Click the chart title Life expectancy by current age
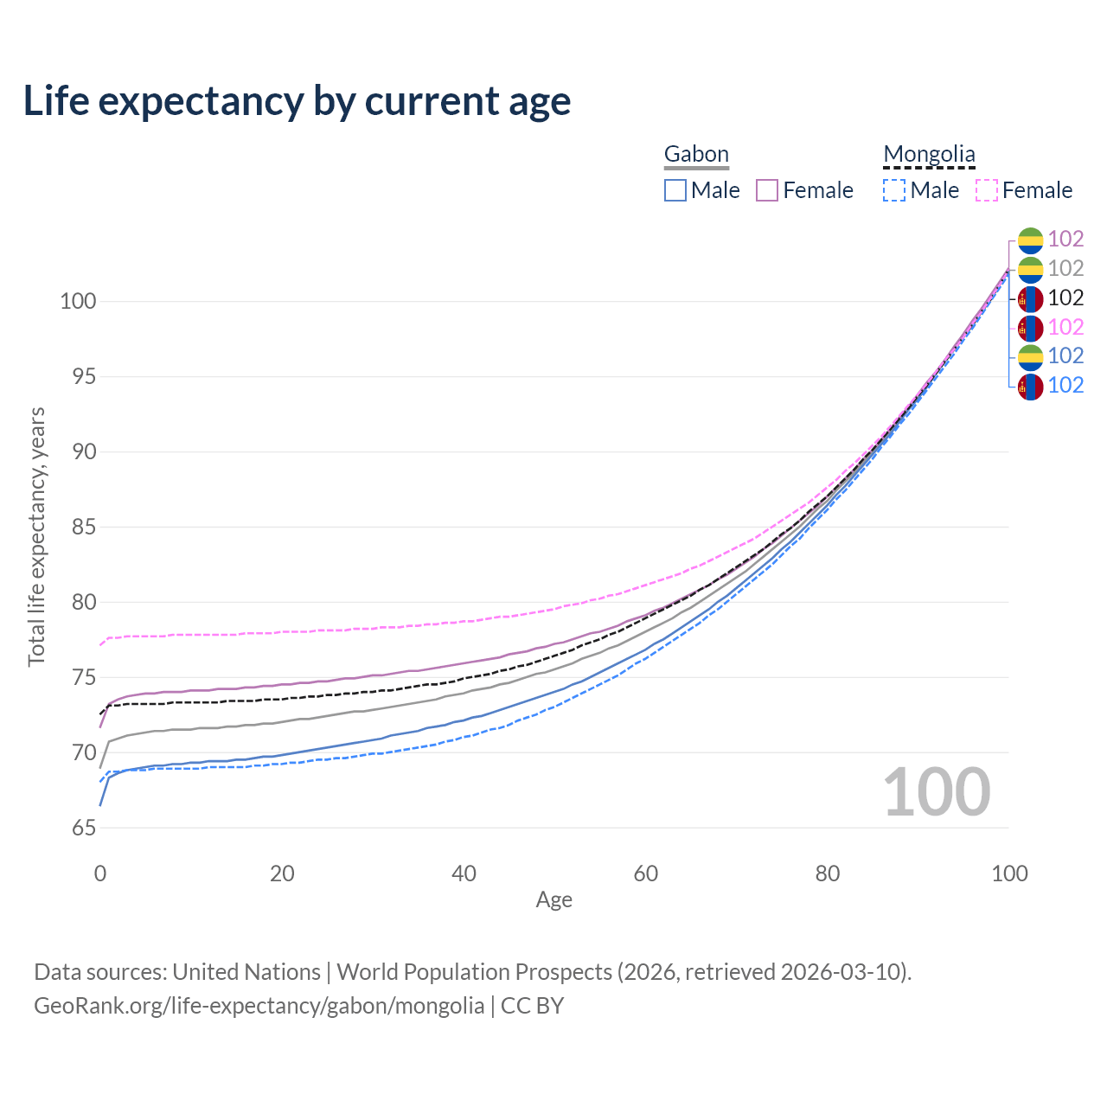[x=297, y=101]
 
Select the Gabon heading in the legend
[x=696, y=154]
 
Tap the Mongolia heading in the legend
[x=929, y=154]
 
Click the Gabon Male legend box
[x=675, y=190]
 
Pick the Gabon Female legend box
[x=767, y=190]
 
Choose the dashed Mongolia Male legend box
[x=894, y=190]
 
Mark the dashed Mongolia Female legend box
[x=987, y=190]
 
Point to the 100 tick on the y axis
[x=77, y=302]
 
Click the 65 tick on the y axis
[x=84, y=828]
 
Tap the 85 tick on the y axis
[x=84, y=528]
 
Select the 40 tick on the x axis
[x=464, y=873]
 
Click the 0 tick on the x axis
[x=100, y=873]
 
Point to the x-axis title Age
[x=553, y=900]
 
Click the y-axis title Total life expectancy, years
[x=36, y=537]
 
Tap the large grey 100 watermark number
[x=937, y=792]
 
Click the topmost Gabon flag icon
[x=1030, y=240]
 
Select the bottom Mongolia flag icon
[x=1030, y=386]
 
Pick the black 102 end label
[x=1065, y=298]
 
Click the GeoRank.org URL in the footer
[x=259, y=1006]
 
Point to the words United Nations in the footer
[x=246, y=972]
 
